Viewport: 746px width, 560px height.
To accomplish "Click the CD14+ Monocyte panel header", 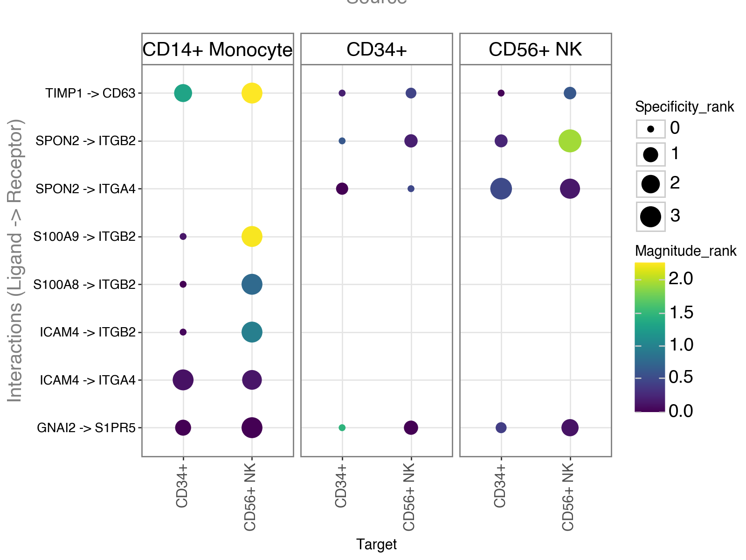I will pyautogui.click(x=217, y=49).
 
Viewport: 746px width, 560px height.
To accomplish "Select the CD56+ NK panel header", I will pyautogui.click(x=535, y=49).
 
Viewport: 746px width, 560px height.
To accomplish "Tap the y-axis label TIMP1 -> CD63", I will pyautogui.click(x=90, y=93).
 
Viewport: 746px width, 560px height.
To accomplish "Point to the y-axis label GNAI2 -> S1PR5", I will pyautogui.click(x=86, y=428).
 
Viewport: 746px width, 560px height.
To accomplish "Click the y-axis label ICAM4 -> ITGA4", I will pyautogui.click(x=88, y=380).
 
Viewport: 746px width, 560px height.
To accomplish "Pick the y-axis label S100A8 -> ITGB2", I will pyautogui.click(x=84, y=285).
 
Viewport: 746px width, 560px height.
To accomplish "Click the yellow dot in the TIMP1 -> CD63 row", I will pyautogui.click(x=252, y=93).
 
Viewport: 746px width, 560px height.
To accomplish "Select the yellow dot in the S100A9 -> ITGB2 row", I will pyautogui.click(x=252, y=237).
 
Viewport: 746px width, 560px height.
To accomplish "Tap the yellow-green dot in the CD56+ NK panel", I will pyautogui.click(x=570, y=141).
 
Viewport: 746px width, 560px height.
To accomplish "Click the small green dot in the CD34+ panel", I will pyautogui.click(x=342, y=428).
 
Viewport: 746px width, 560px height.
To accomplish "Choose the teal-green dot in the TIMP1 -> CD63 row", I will pyautogui.click(x=183, y=93).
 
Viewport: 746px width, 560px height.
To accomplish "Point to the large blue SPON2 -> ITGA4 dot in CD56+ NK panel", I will pyautogui.click(x=501, y=189).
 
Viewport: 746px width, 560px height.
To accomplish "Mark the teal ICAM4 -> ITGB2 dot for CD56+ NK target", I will pyautogui.click(x=252, y=332).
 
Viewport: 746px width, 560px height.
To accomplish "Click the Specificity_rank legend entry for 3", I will pyautogui.click(x=651, y=217).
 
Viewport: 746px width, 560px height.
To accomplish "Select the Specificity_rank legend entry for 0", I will pyautogui.click(x=651, y=129).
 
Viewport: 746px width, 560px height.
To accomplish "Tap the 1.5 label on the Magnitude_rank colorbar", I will pyautogui.click(x=681, y=312).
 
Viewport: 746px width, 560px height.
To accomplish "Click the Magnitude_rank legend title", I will pyautogui.click(x=685, y=251).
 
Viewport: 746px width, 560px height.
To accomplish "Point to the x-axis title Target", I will pyautogui.click(x=376, y=544).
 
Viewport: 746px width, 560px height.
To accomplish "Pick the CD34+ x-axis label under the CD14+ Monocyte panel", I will pyautogui.click(x=182, y=486).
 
